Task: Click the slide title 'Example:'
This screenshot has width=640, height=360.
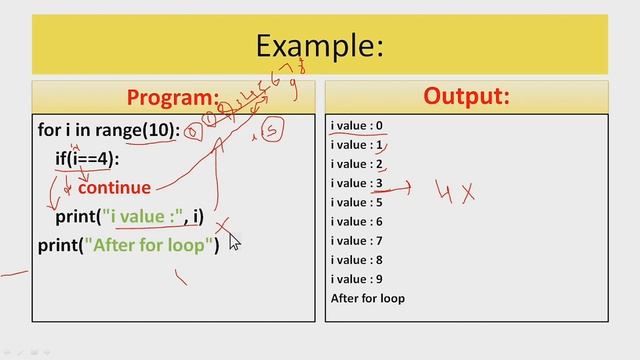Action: pos(319,45)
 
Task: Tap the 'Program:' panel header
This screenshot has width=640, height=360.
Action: pos(172,97)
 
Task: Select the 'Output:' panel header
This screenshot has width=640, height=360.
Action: pos(466,96)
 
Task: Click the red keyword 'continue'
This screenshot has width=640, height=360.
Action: pos(114,187)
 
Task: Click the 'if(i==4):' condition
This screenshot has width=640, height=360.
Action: pos(87,159)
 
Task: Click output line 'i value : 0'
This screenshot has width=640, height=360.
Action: pos(357,126)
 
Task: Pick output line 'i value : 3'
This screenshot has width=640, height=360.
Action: pos(357,183)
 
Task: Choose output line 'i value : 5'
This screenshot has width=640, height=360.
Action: pos(357,202)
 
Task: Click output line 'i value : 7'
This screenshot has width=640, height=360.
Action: pos(357,241)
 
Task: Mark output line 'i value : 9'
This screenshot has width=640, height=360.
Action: pos(357,279)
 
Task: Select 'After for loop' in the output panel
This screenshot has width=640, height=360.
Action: pos(367,298)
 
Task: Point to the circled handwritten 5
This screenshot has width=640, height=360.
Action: pos(267,130)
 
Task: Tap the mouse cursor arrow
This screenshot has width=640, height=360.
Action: pos(234,240)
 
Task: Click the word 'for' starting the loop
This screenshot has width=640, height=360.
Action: pos(50,130)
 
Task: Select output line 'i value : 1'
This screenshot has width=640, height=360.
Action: pos(357,145)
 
